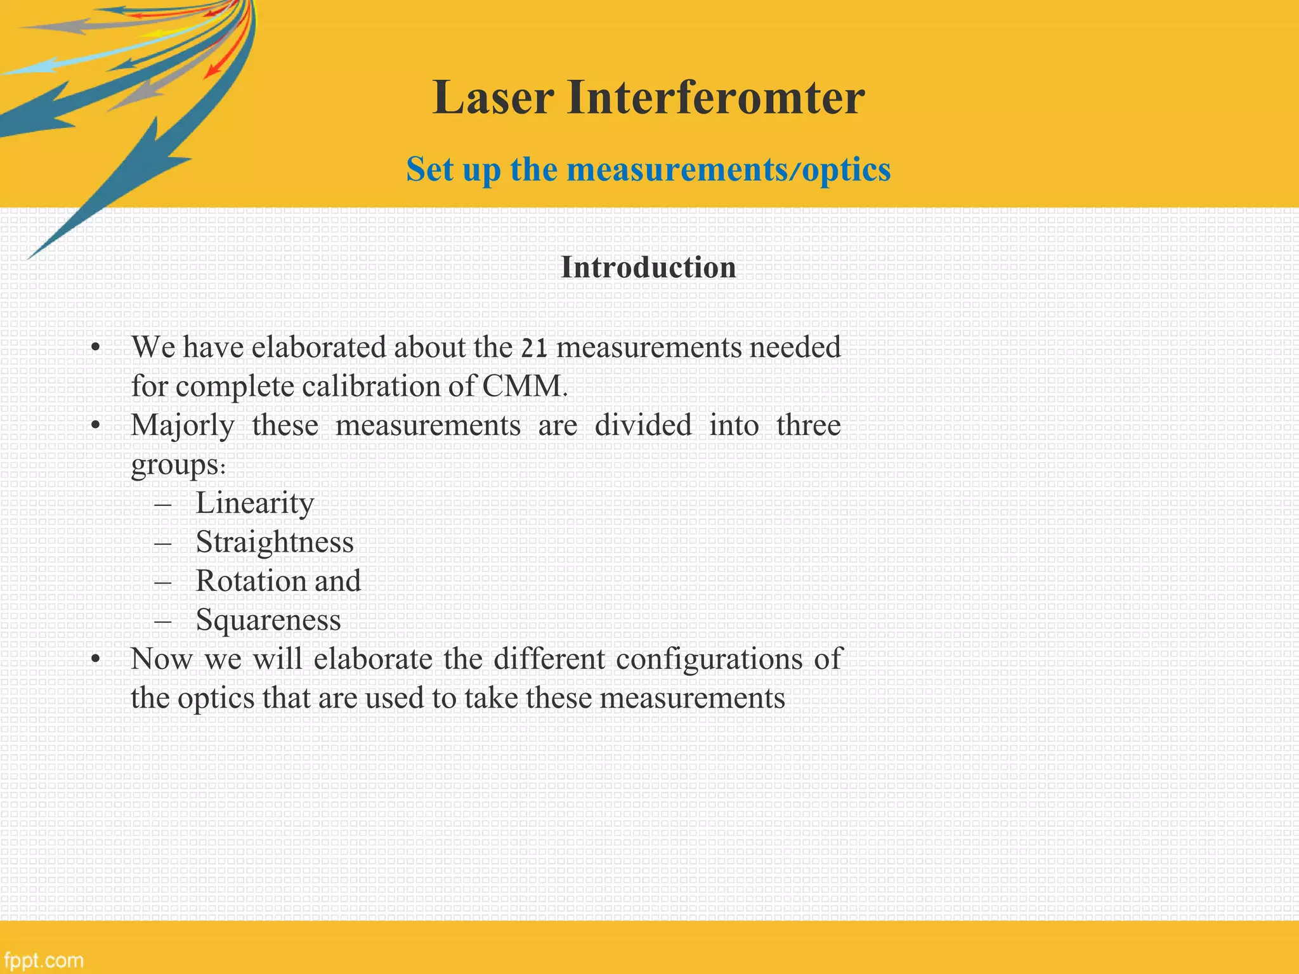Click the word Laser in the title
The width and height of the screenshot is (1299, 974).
click(493, 98)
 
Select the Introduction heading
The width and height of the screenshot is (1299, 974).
click(648, 268)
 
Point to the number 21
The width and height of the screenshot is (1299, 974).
click(533, 348)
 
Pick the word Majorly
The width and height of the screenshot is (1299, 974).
click(183, 425)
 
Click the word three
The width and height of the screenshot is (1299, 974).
click(809, 425)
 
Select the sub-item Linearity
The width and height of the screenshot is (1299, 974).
click(255, 503)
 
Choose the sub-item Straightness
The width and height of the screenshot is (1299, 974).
click(275, 542)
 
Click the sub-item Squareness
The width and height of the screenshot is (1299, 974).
click(268, 620)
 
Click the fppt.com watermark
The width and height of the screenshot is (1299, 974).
click(42, 960)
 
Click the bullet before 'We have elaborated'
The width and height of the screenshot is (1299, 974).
click(95, 348)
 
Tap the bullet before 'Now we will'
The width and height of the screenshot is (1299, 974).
click(95, 659)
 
